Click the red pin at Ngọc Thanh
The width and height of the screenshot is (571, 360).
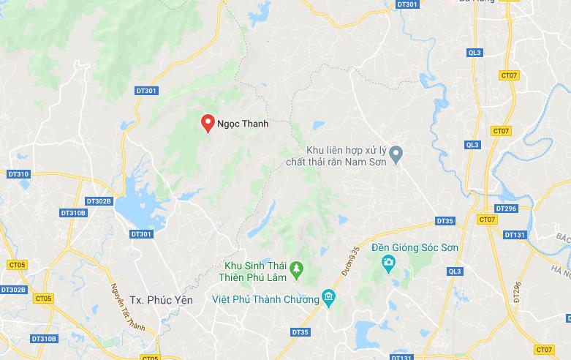208,122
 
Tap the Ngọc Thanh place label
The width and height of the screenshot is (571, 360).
243,124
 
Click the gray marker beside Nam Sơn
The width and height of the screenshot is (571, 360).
396,154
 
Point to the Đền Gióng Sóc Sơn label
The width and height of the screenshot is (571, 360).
415,248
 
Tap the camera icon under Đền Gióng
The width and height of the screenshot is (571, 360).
389,262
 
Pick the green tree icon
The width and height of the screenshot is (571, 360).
297,271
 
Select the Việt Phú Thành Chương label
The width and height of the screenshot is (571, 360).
265,299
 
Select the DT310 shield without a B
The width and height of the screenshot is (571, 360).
18,174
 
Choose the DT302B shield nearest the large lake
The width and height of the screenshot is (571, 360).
99,201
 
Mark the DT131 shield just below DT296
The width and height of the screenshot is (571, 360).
515,235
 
